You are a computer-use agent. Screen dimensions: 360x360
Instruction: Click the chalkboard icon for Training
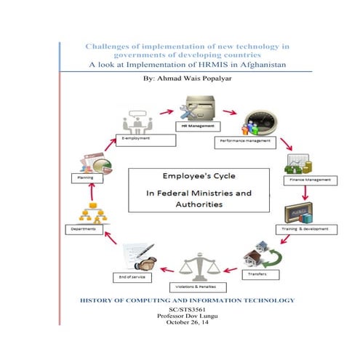pyautogui.click(x=301, y=210)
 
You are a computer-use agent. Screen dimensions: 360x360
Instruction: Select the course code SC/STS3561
pyautogui.click(x=182, y=311)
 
